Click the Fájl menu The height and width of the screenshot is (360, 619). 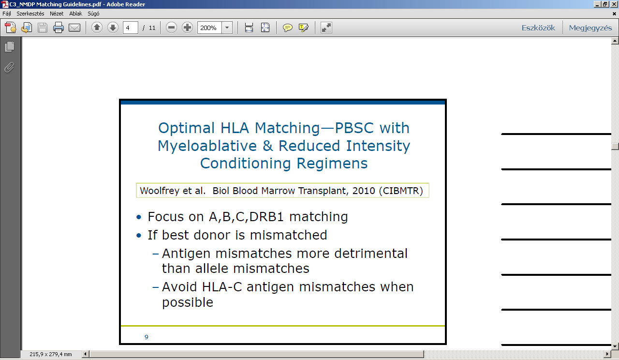tap(7, 14)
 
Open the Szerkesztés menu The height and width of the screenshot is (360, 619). tap(30, 14)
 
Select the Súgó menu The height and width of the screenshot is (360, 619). tap(93, 14)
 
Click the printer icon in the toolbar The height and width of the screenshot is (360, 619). tap(59, 28)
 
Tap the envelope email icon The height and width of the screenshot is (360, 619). tap(74, 28)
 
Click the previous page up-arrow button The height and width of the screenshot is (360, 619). tap(97, 28)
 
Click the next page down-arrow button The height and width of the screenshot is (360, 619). tap(113, 28)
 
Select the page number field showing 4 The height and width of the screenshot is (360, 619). tap(131, 28)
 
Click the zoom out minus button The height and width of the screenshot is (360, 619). tap(171, 28)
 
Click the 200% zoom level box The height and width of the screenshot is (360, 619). tap(209, 28)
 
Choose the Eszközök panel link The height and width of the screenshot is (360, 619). tap(538, 28)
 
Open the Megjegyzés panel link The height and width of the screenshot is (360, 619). tap(590, 28)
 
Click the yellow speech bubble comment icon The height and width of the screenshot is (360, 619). tap(287, 28)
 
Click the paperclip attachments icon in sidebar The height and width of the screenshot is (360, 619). tap(9, 67)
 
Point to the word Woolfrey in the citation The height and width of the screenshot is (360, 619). tap(160, 191)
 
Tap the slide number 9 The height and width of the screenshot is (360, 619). tap(147, 337)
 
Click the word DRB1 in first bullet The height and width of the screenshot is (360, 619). tap(266, 216)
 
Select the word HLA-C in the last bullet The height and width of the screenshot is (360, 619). tap(222, 287)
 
